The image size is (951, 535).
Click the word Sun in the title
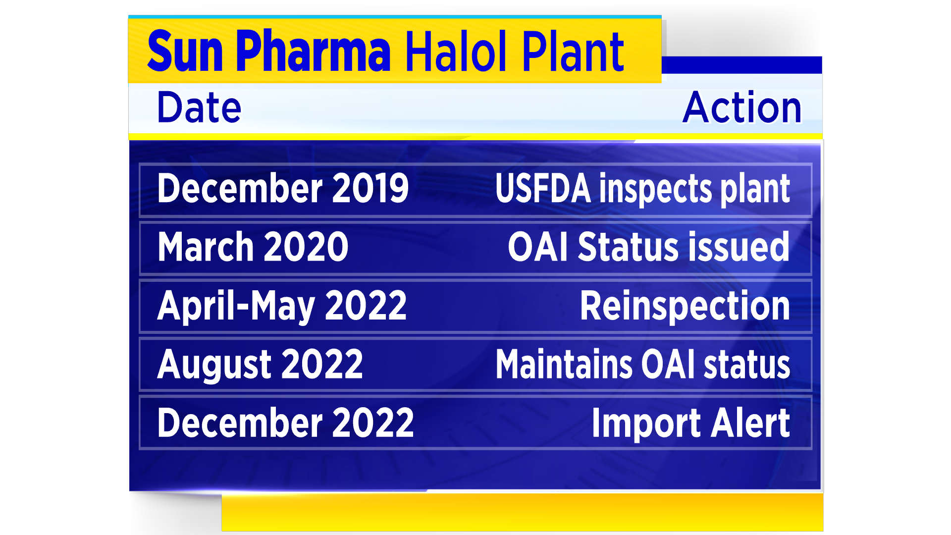[185, 51]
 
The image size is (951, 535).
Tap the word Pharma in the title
[314, 51]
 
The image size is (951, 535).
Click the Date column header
[199, 107]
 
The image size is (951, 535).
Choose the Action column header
[742, 107]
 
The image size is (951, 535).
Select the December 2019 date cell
[283, 188]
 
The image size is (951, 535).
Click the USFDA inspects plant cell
[642, 189]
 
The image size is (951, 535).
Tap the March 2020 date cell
[253, 247]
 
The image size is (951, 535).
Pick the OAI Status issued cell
[648, 247]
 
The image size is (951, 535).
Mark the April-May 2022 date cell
[282, 306]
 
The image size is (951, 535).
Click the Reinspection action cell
[685, 306]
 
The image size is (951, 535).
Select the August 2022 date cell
[260, 365]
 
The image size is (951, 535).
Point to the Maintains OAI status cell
[643, 364]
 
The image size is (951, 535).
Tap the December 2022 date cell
[285, 423]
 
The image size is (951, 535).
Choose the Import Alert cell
[691, 423]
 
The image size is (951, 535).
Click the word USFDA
[543, 188]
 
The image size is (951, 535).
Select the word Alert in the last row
[750, 423]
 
